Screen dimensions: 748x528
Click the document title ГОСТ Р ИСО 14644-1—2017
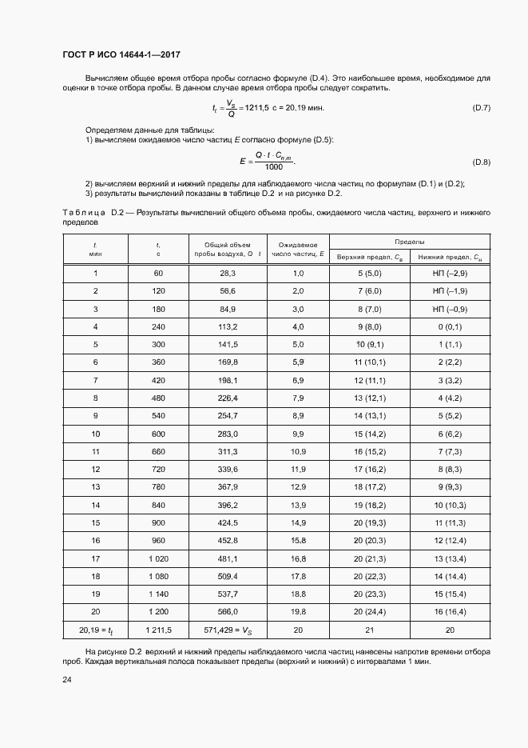pos(121,54)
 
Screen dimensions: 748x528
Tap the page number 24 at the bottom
pos(66,680)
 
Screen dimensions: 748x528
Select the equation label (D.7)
pos(482,107)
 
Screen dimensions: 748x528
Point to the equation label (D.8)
pos(482,162)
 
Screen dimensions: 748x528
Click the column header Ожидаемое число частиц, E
pos(298,249)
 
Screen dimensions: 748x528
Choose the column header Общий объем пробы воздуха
pos(228,249)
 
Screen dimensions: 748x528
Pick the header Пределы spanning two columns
pos(409,241)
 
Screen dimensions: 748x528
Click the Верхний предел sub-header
pos(370,257)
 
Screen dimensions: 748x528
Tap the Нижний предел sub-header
pos(450,257)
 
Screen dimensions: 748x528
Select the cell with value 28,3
pos(228,273)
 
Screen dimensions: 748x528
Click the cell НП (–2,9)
pos(450,273)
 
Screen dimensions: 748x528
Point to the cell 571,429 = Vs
pos(228,631)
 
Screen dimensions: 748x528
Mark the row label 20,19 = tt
pos(95,631)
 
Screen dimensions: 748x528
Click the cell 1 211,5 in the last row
pos(158,631)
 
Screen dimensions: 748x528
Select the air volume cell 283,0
pos(228,434)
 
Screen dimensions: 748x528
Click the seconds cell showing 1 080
pos(158,576)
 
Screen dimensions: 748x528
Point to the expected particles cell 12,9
pos(298,487)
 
